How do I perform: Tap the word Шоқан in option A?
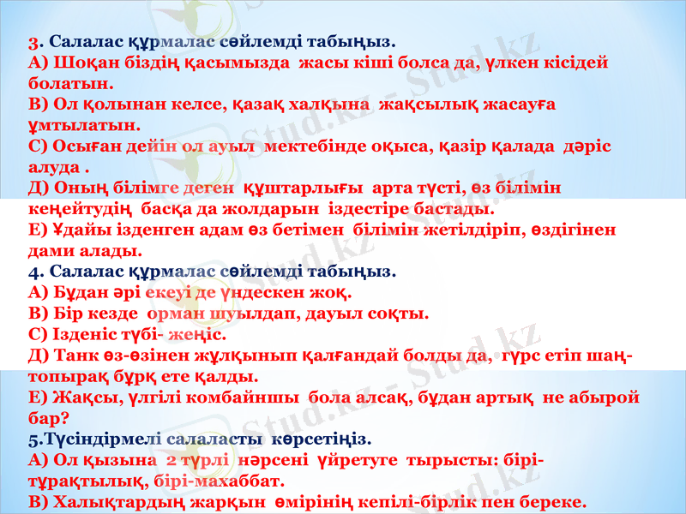(79, 63)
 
